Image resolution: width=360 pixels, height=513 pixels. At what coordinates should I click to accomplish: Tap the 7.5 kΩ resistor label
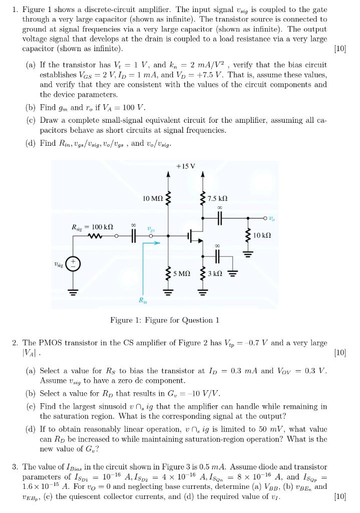219,199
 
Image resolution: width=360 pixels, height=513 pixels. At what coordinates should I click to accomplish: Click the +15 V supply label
186,165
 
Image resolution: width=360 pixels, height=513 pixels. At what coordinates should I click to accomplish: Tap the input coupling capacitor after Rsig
133,235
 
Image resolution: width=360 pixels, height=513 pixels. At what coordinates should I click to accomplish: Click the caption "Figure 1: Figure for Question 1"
165,320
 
